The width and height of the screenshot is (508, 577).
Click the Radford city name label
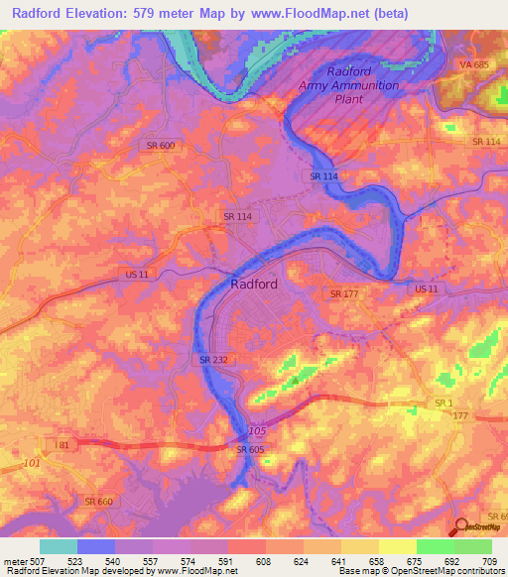[x=254, y=283]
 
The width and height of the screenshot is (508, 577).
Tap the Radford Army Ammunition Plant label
[x=349, y=85]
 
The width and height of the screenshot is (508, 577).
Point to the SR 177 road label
[x=343, y=293]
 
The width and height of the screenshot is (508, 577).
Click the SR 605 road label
[x=251, y=449]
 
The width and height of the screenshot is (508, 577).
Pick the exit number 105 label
[x=258, y=431]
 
